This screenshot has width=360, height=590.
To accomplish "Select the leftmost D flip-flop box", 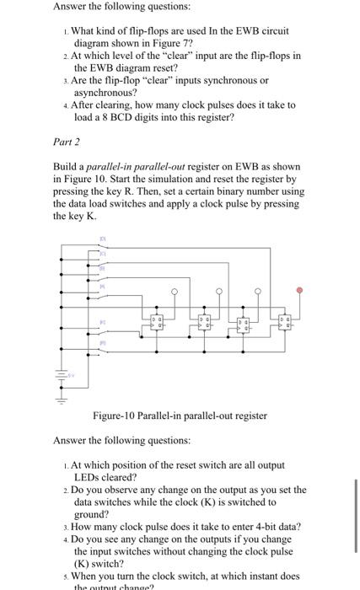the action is point(157,322).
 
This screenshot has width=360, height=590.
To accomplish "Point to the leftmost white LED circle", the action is point(175,292).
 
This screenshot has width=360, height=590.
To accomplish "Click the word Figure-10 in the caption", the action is point(118,416).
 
